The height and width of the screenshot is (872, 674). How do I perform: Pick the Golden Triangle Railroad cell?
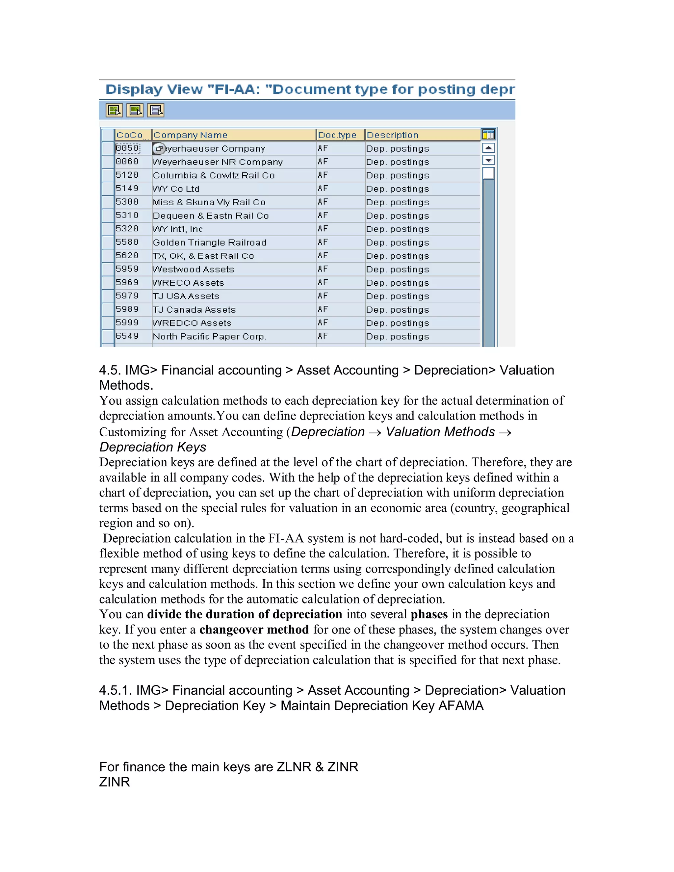tap(209, 243)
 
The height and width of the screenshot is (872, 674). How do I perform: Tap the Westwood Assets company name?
tap(193, 269)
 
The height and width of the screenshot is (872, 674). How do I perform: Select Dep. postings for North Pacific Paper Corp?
tap(397, 337)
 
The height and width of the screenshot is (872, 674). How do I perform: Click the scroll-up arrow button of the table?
tap(488, 148)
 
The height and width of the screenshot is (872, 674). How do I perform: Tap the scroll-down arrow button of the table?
tap(488, 161)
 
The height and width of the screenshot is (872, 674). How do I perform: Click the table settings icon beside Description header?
tap(488, 135)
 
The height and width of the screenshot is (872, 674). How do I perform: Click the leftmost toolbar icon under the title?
tap(114, 110)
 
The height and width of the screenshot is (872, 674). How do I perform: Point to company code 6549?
tap(127, 336)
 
